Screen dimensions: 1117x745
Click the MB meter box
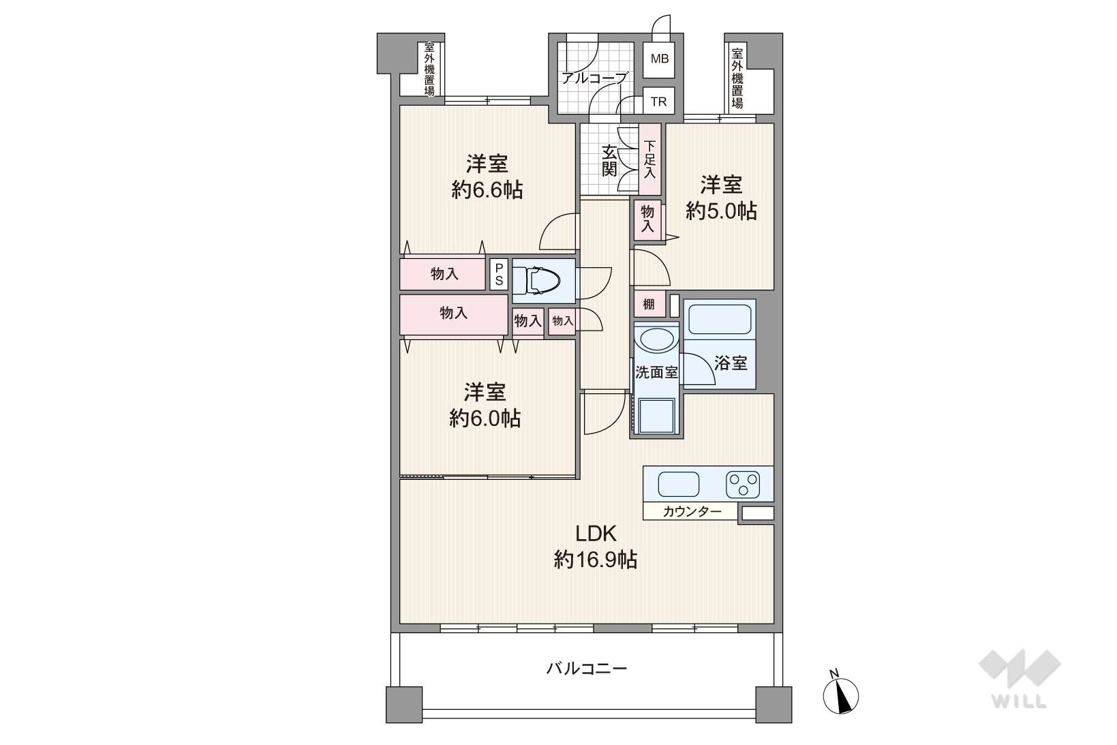658,59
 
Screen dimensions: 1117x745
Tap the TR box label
658,102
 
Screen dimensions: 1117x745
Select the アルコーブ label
594,78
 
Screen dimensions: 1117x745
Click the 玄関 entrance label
609,161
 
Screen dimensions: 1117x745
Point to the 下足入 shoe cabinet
649,159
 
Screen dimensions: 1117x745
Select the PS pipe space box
499,274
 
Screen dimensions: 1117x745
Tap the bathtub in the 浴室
720,319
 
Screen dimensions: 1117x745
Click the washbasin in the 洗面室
656,340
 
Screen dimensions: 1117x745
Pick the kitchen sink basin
678,484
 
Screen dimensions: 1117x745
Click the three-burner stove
742,485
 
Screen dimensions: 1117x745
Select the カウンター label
692,511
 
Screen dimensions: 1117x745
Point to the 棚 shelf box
649,304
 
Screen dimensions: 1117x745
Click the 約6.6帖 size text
487,190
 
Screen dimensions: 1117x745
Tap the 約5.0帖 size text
721,211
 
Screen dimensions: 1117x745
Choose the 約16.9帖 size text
596,560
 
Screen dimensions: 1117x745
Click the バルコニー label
586,668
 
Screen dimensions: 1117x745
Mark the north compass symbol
841,693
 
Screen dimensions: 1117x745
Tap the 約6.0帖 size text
485,418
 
